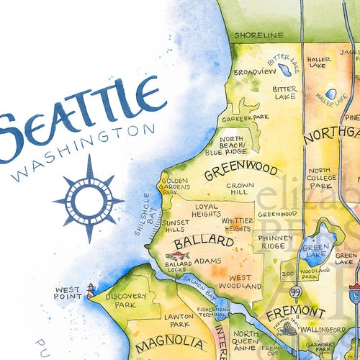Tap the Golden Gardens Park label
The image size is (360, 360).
[175, 186]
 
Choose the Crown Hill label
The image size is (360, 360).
[238, 189]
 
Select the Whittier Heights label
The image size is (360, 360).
[238, 224]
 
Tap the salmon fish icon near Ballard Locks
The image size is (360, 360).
[177, 256]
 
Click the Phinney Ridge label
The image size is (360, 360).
[276, 242]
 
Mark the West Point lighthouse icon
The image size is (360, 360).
[90, 290]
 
